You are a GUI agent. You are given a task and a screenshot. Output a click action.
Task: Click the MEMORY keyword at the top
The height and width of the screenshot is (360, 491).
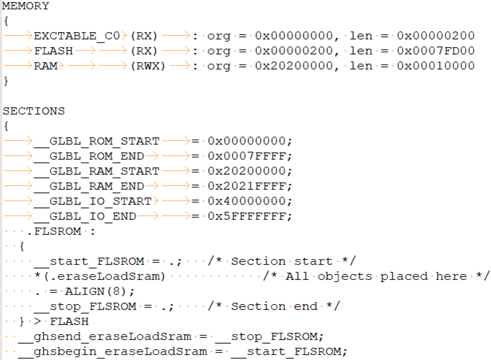point(26,6)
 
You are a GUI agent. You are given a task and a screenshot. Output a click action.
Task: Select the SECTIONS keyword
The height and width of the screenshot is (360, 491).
point(34,111)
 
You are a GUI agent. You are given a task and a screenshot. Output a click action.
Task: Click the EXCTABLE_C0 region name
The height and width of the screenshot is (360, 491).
point(77,36)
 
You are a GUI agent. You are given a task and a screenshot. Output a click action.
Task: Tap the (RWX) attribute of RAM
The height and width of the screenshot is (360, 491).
point(147,66)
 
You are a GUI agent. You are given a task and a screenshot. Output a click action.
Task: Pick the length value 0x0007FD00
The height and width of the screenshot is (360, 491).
point(436,51)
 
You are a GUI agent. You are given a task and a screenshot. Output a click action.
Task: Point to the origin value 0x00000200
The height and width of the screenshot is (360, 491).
point(293,51)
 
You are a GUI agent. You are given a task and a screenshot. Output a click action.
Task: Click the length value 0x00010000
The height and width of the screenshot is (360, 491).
point(436,66)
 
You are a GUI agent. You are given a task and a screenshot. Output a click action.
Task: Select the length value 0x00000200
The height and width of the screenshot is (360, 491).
point(436,36)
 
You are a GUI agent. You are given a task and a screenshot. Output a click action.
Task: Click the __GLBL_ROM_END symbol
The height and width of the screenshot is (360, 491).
point(89,156)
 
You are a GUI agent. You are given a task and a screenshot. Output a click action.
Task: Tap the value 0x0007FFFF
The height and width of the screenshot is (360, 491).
point(247,156)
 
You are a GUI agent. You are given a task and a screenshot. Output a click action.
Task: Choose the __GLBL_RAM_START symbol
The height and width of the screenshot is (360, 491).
point(97,171)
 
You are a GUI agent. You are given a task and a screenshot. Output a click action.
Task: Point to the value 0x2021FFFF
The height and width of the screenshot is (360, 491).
point(247,186)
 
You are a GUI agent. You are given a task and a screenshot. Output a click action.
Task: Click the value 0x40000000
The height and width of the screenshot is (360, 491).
point(247,201)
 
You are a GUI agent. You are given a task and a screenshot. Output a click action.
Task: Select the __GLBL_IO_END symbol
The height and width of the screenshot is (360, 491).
point(85,216)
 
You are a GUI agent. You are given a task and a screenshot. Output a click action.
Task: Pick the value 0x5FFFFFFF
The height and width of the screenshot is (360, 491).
point(247,216)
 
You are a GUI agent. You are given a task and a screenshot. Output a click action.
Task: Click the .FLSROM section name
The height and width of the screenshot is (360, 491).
point(54,231)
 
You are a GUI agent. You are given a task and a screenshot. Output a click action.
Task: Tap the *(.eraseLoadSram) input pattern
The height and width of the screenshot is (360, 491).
point(99,276)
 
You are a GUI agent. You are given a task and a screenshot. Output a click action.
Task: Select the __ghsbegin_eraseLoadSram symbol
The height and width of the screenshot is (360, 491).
point(113,352)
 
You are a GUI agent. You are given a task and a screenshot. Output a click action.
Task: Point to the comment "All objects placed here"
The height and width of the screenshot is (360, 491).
point(376,277)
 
